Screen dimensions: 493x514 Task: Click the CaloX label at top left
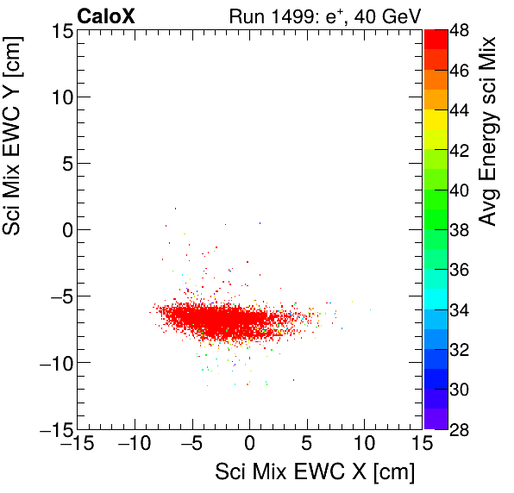(106, 15)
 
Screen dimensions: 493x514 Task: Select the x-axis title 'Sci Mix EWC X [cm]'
(315, 471)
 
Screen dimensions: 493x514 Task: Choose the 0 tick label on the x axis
(249, 445)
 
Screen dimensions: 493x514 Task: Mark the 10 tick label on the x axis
(365, 445)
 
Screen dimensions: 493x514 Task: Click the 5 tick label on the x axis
(307, 445)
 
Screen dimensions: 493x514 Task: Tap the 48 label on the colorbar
(462, 30)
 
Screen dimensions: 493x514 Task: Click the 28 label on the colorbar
(462, 429)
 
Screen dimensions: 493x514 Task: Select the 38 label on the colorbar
(462, 230)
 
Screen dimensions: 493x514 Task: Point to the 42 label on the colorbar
(462, 150)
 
